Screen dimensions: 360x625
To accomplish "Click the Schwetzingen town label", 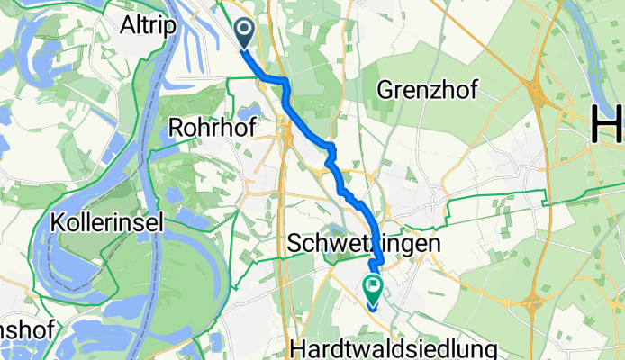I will tap(366, 244).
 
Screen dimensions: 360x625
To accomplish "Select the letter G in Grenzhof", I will tap(385, 89).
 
